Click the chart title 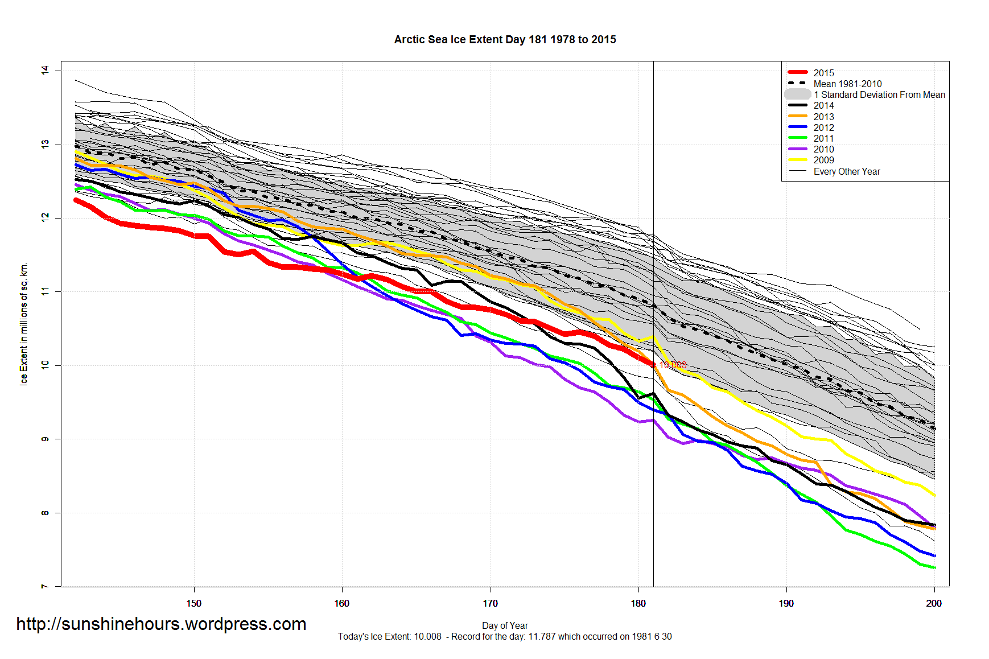[505, 40]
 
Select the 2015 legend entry [823, 73]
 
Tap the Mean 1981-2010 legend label [847, 84]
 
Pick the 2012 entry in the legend [823, 127]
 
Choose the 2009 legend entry [823, 160]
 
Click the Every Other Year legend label [846, 171]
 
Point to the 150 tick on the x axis [194, 603]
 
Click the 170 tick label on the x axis [490, 603]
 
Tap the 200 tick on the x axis [934, 603]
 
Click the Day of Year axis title [505, 625]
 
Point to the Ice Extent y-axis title [24, 324]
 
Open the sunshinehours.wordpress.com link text [161, 624]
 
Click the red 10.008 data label [673, 365]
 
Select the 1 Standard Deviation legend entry [879, 94]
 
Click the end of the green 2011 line [934, 567]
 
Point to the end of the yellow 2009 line [934, 496]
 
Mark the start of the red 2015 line [76, 200]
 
